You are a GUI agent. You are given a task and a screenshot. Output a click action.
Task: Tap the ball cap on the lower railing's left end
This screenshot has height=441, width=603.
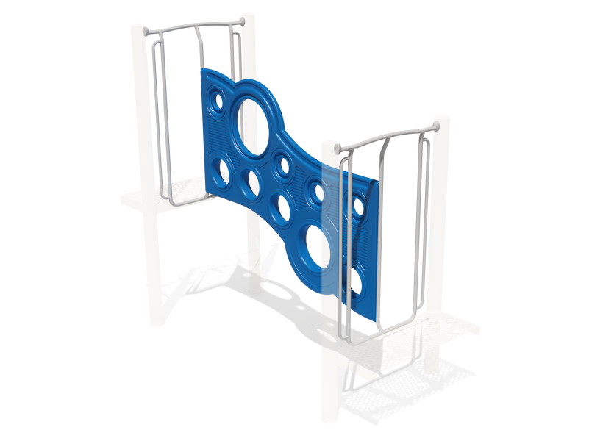(338, 149)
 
